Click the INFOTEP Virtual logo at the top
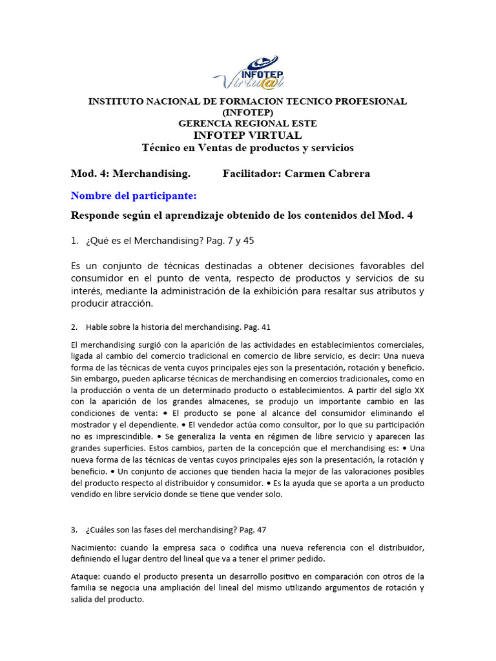click(x=248, y=72)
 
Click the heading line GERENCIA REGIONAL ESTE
click(x=247, y=123)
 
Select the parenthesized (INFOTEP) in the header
click(x=247, y=112)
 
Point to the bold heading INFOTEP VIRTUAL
click(x=247, y=135)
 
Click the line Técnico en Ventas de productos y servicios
click(x=247, y=148)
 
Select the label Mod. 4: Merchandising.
click(x=130, y=174)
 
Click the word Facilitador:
click(x=251, y=174)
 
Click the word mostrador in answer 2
click(x=90, y=425)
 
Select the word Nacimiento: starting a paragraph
click(x=92, y=547)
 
